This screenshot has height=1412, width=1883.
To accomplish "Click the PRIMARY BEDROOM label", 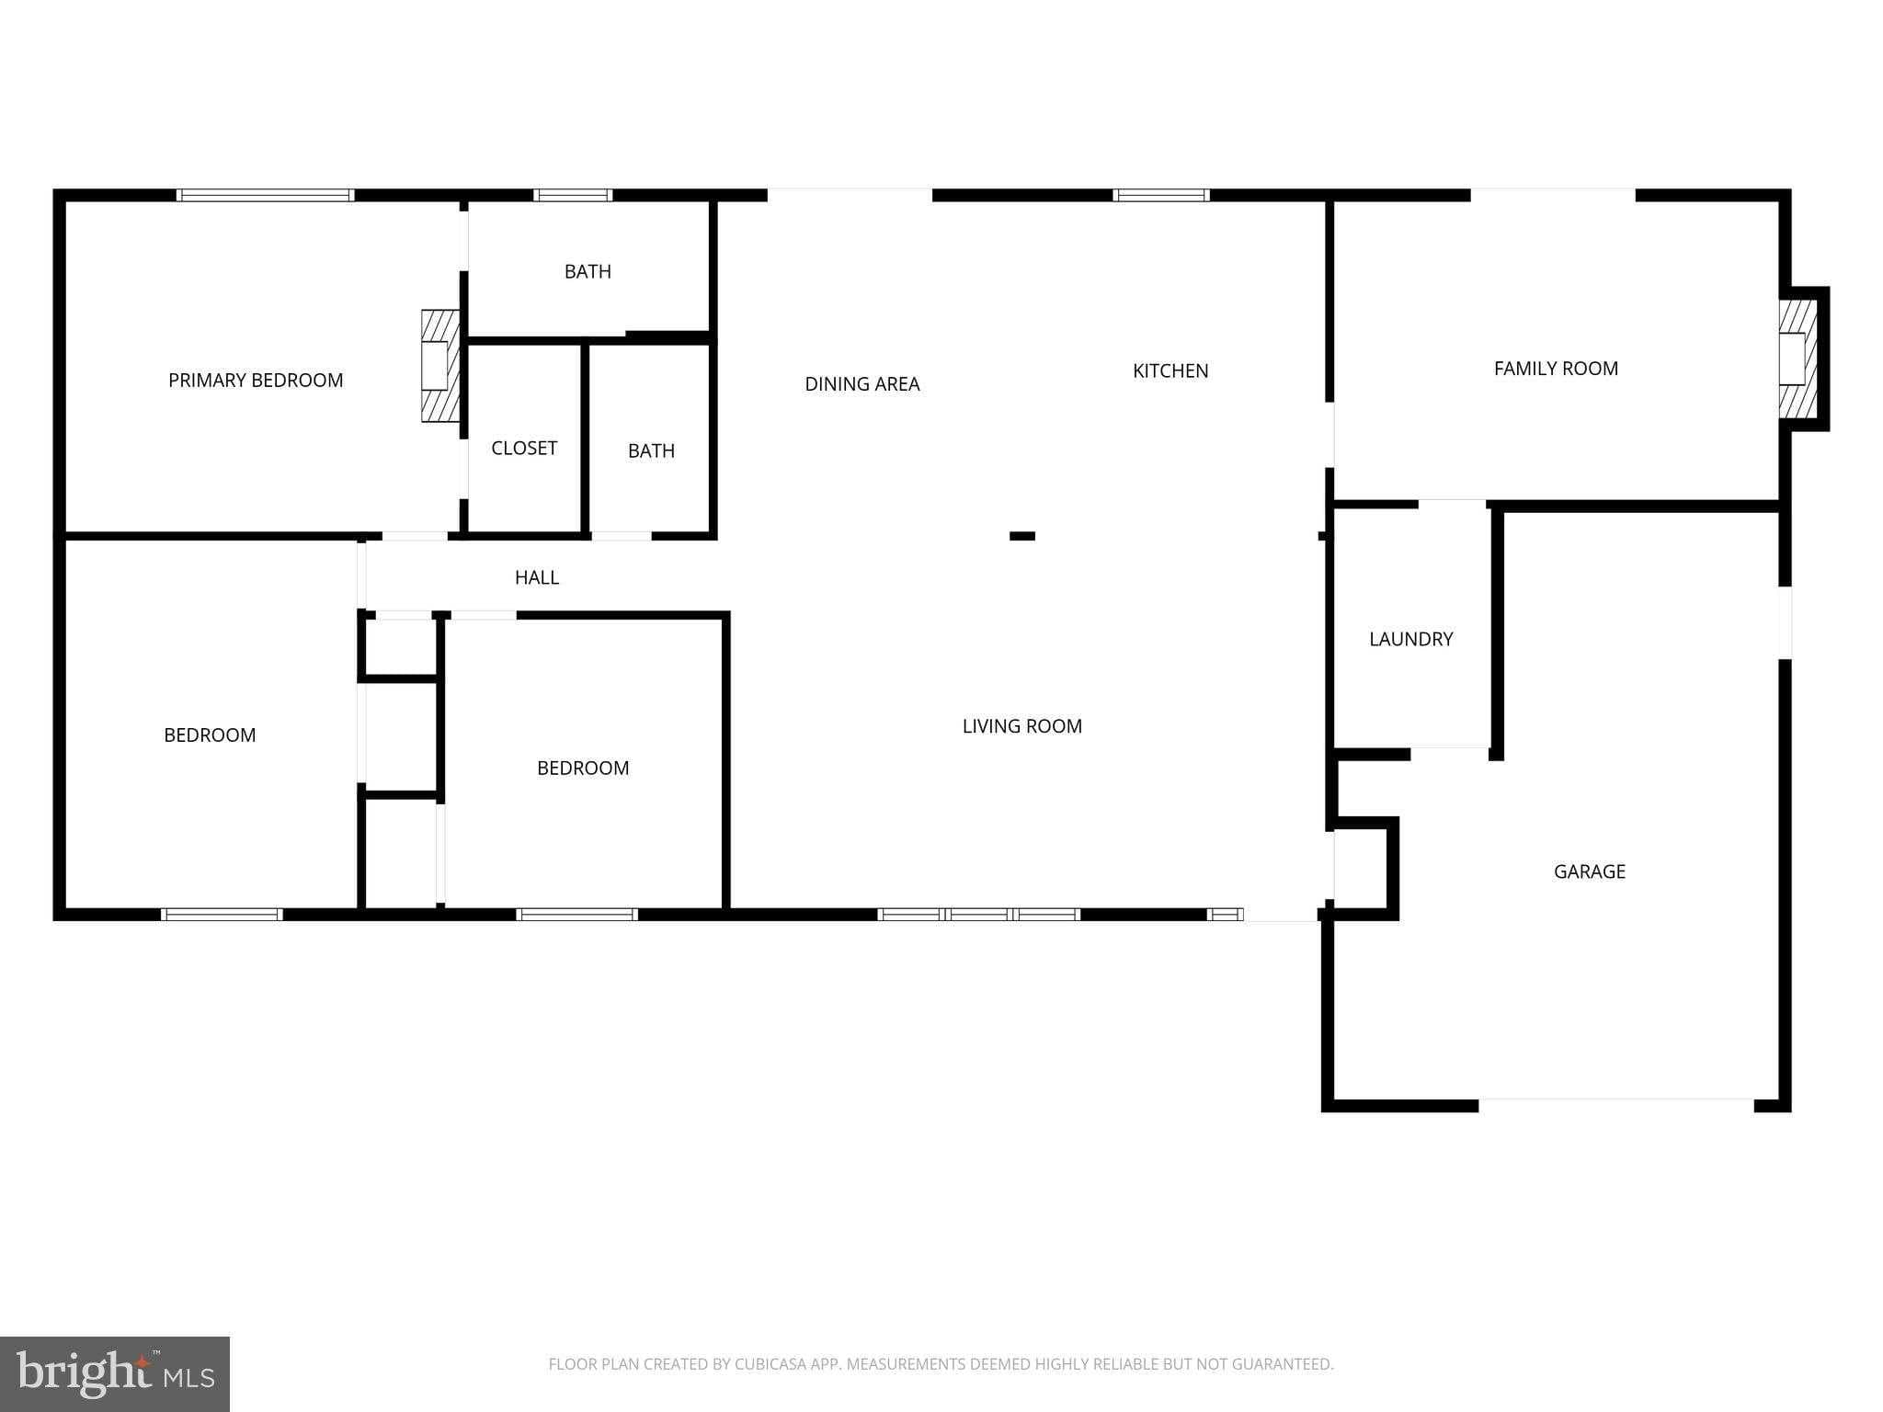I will click(x=256, y=380).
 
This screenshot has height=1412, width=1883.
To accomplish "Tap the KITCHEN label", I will click(x=1170, y=370).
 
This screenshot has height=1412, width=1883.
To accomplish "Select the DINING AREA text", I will click(x=862, y=384).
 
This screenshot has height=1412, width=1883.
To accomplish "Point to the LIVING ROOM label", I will click(x=1021, y=726).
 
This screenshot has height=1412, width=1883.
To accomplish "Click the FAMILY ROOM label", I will click(x=1556, y=369).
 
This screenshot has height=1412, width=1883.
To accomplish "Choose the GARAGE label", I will click(x=1589, y=871).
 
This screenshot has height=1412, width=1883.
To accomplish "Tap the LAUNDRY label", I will click(x=1410, y=639).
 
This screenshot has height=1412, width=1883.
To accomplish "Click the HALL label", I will click(x=536, y=577).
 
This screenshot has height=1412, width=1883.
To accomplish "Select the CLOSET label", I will click(x=523, y=448).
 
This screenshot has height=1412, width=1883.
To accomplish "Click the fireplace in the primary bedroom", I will click(x=439, y=366).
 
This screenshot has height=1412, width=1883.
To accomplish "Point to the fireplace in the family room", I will click(x=1796, y=358).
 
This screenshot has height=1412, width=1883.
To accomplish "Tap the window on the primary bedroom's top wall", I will click(x=265, y=195).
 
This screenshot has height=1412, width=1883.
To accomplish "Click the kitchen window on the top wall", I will click(x=1160, y=195).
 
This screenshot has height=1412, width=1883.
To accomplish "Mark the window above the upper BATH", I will click(x=572, y=195).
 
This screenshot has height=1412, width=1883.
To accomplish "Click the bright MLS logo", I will click(x=115, y=1373).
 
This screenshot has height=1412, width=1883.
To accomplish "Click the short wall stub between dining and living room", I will click(x=1021, y=536).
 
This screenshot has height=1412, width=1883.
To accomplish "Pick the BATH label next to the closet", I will click(x=651, y=450).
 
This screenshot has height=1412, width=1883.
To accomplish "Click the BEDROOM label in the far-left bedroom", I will click(x=210, y=734).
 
